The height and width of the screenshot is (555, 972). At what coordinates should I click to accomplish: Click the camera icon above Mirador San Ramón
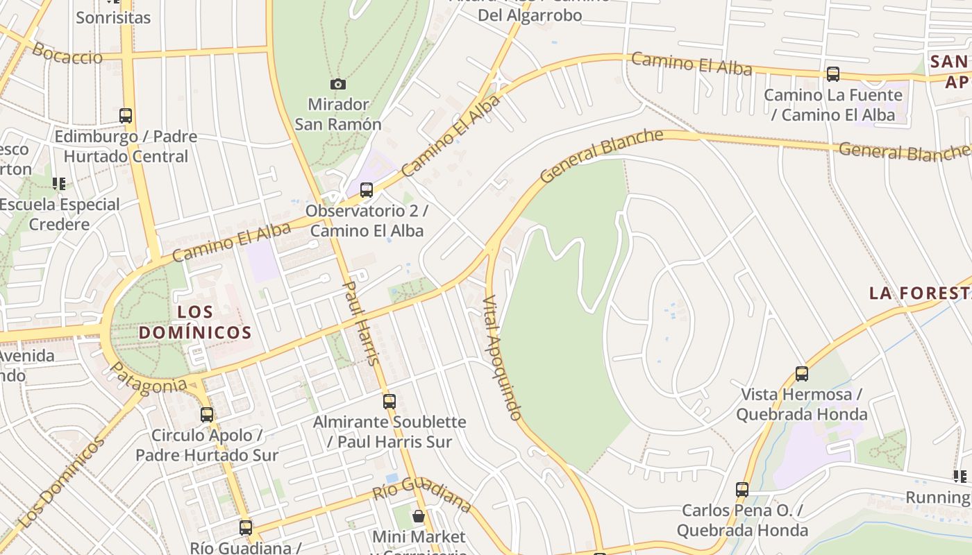pyautogui.click(x=338, y=84)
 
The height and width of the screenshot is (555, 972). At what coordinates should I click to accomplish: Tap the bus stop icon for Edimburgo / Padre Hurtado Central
pyautogui.click(x=126, y=115)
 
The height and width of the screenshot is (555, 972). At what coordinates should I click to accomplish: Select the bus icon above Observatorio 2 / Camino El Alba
pyautogui.click(x=367, y=189)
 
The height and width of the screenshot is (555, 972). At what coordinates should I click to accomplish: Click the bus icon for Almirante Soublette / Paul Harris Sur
pyautogui.click(x=389, y=401)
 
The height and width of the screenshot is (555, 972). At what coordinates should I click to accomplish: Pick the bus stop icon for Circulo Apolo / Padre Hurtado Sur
pyautogui.click(x=207, y=414)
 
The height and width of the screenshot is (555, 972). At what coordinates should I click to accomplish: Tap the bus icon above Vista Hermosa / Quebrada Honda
pyautogui.click(x=802, y=373)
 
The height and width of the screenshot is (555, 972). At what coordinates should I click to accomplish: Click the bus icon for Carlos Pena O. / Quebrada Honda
pyautogui.click(x=742, y=489)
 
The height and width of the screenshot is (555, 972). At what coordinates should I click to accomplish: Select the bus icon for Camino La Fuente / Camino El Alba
pyautogui.click(x=833, y=74)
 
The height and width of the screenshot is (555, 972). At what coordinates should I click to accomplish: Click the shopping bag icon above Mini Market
pyautogui.click(x=419, y=515)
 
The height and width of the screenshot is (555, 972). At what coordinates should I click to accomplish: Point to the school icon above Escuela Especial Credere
pyautogui.click(x=59, y=184)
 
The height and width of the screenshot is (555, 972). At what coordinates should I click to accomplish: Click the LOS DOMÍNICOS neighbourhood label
pyautogui.click(x=195, y=322)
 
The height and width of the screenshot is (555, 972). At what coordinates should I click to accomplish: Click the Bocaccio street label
pyautogui.click(x=67, y=53)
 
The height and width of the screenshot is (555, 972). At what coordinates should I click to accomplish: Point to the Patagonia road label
pyautogui.click(x=149, y=379)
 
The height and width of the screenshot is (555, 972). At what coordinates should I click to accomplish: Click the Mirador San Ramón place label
pyautogui.click(x=338, y=114)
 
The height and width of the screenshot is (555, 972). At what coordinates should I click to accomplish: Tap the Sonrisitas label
pyautogui.click(x=113, y=18)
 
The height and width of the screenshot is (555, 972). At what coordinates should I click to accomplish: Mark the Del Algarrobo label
pyautogui.click(x=530, y=15)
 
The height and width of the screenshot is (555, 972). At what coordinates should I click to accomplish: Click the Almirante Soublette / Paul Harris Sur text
pyautogui.click(x=389, y=432)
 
